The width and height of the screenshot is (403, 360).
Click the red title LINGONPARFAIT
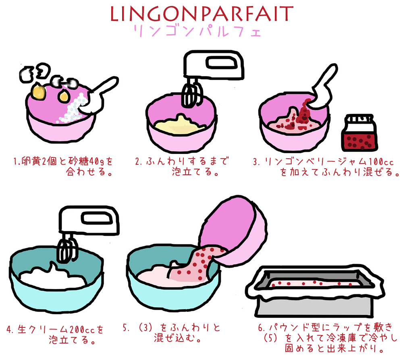coord(202,14)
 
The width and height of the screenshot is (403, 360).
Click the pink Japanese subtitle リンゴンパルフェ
coord(197,31)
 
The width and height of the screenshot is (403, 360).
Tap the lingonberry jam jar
coord(359,133)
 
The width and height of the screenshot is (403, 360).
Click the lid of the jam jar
coord(359,119)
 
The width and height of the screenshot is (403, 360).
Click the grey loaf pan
coord(315,292)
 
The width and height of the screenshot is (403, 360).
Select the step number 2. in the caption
coord(139,161)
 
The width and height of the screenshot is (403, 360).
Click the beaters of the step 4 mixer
coord(67,250)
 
